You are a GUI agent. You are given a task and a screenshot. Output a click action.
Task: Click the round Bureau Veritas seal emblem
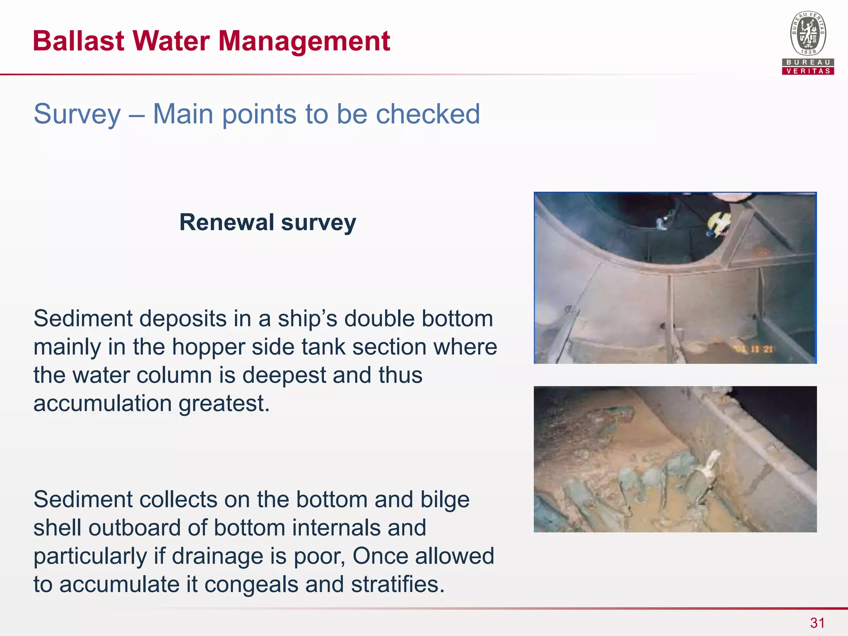(808, 34)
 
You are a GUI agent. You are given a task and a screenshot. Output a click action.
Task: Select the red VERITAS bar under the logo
(808, 71)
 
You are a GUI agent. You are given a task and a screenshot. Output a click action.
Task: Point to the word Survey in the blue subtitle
(77, 114)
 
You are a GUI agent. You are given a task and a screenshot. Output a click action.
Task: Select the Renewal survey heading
(267, 222)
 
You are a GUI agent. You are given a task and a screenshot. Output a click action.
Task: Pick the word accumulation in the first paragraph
(103, 403)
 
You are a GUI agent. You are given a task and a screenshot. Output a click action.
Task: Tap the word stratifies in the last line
(397, 584)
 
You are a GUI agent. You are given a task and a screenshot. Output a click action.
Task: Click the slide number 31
(817, 623)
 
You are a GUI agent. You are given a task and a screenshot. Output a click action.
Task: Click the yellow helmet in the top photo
(718, 224)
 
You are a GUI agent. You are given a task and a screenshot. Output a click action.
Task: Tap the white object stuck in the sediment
(711, 463)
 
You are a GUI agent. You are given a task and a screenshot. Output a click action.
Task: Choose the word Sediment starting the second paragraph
(82, 499)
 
